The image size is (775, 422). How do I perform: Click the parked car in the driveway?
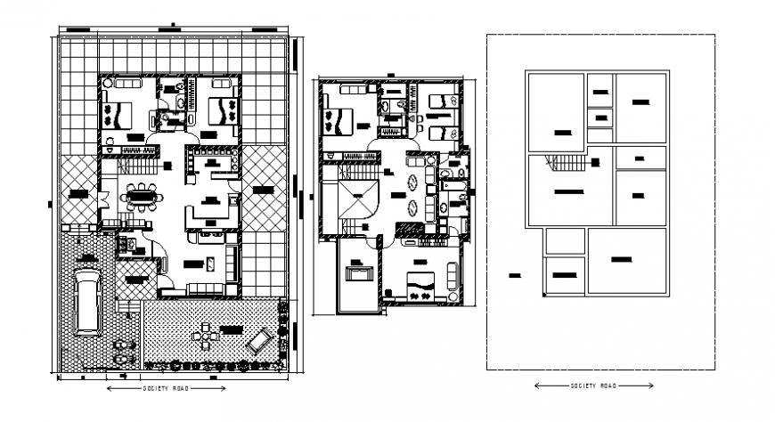(x=87, y=302)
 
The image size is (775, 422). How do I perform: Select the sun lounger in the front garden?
(x=258, y=341)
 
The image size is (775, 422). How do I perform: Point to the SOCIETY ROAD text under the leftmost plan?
(x=163, y=389)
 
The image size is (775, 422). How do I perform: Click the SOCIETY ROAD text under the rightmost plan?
(x=592, y=385)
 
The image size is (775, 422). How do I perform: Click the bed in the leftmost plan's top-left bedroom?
(x=119, y=114)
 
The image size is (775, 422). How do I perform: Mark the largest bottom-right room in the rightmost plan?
(x=626, y=261)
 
